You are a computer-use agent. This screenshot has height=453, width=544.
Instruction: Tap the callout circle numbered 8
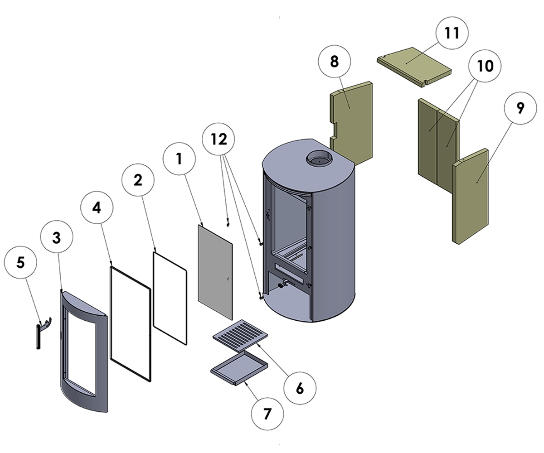[335, 62]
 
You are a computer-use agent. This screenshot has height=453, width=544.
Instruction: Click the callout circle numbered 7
[267, 414]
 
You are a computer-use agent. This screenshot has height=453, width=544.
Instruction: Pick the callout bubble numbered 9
[520, 108]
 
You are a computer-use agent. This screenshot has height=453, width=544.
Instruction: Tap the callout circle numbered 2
[138, 180]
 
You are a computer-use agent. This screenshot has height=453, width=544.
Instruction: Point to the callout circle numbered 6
[300, 388]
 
